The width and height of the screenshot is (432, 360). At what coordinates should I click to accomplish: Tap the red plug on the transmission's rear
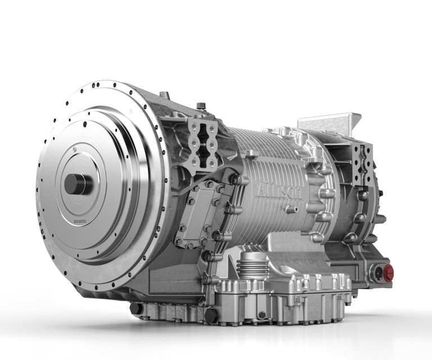click(x=388, y=274)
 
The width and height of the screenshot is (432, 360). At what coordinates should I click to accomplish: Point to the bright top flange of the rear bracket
click(x=329, y=116)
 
